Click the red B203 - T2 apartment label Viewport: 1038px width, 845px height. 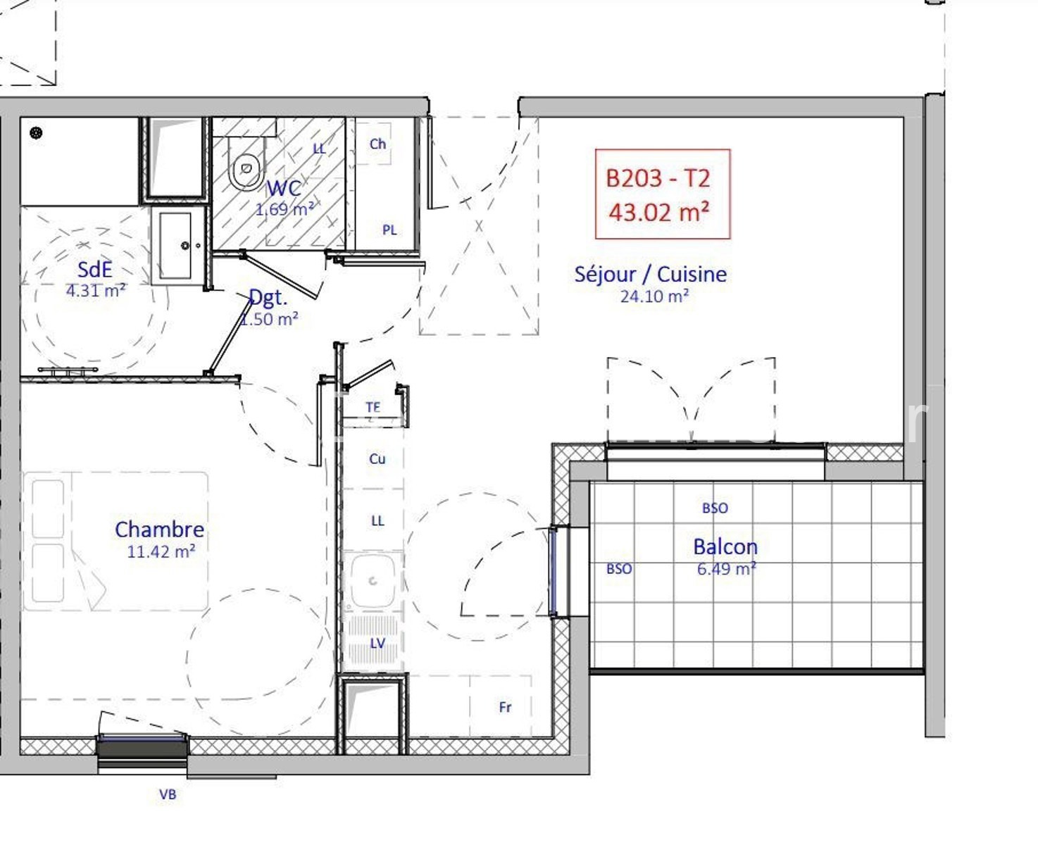(x=658, y=178)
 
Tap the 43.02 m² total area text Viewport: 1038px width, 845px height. (x=658, y=213)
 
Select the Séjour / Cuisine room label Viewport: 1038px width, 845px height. (x=650, y=275)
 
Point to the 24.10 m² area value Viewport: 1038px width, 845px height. (x=654, y=296)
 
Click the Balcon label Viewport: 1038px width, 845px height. (x=725, y=546)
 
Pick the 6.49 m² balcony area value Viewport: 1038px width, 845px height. (x=726, y=569)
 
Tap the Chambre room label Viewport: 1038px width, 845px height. (x=159, y=530)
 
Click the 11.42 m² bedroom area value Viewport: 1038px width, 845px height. (x=161, y=551)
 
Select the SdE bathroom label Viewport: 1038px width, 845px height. (x=94, y=270)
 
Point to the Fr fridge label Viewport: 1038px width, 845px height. (x=505, y=707)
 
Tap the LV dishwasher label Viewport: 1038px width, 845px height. (x=377, y=643)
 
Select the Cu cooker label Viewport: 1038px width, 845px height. (x=377, y=458)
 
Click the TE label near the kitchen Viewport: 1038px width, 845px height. (x=373, y=407)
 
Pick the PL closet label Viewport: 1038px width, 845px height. (x=389, y=230)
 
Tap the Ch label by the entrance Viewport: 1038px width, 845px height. (x=377, y=144)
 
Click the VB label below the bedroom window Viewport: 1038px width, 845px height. (x=168, y=794)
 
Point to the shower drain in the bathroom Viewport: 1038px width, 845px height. (x=36, y=132)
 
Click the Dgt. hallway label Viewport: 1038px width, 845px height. (x=268, y=298)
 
